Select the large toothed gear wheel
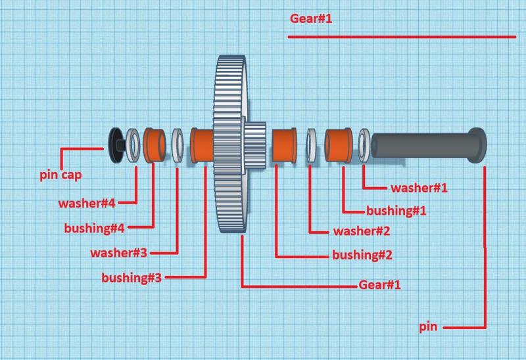click(x=230, y=145)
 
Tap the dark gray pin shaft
click(x=421, y=145)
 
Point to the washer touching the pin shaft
click(x=364, y=145)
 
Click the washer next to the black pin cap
click(x=133, y=145)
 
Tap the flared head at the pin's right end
click(x=478, y=145)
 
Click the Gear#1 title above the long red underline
click(x=311, y=18)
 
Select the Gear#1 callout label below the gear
click(x=379, y=285)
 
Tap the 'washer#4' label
click(x=86, y=204)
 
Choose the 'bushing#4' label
click(x=95, y=229)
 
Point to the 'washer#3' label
click(x=119, y=252)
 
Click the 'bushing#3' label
click(x=131, y=277)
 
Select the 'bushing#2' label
click(x=362, y=255)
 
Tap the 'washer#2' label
click(x=362, y=231)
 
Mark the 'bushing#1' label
click(x=396, y=211)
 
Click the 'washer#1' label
click(x=419, y=188)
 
